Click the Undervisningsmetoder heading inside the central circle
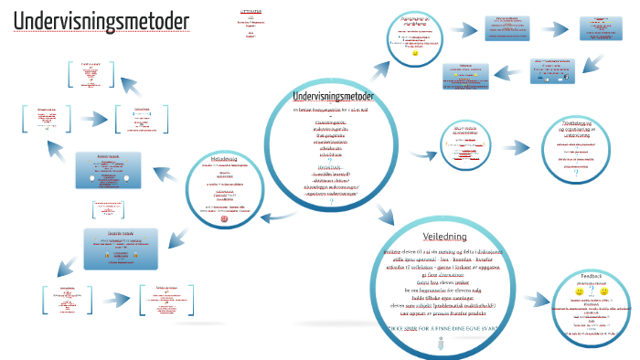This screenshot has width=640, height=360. [x=333, y=96]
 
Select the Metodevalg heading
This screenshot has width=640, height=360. [x=224, y=160]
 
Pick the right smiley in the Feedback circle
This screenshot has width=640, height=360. [x=604, y=291]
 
